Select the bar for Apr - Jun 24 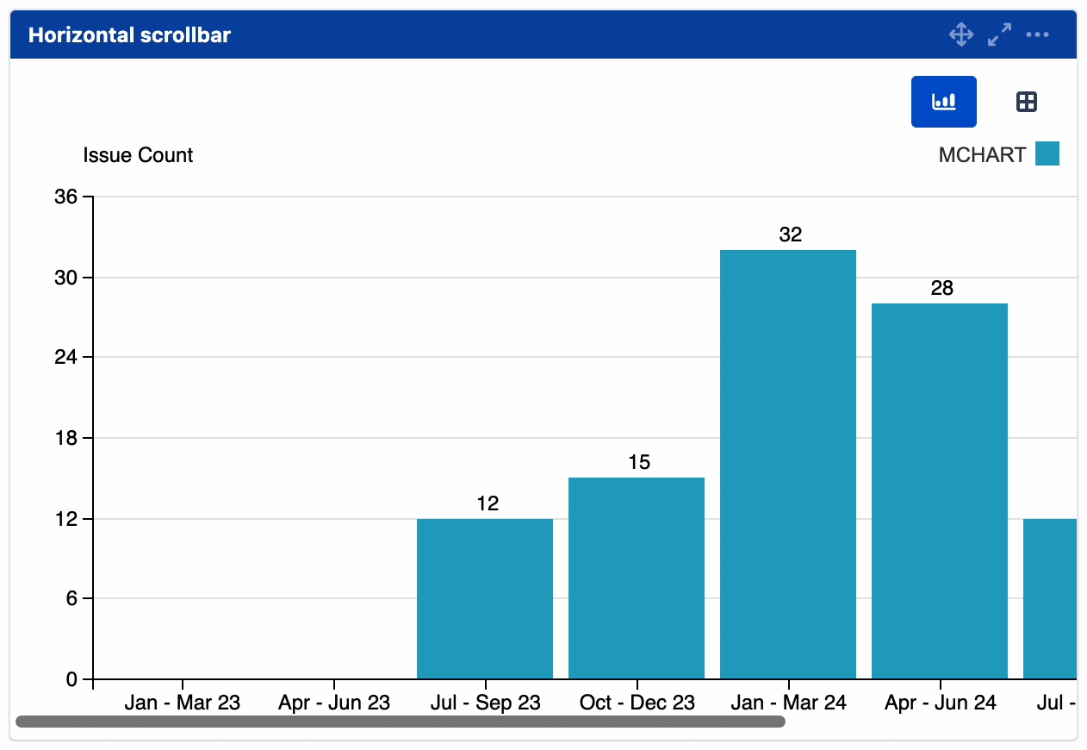[x=939, y=491]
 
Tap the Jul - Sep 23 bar [x=484, y=598]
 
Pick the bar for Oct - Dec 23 [x=636, y=578]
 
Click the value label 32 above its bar [x=790, y=234]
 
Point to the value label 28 [x=941, y=288]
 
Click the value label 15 [x=638, y=462]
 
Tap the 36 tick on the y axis [x=65, y=197]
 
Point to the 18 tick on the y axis [x=65, y=438]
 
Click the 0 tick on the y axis [x=71, y=679]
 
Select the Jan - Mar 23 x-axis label [x=182, y=703]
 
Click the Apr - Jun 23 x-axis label [x=333, y=703]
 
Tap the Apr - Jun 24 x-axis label [x=940, y=703]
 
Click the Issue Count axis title [x=138, y=155]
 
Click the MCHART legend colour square [x=1047, y=154]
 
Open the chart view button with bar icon [x=943, y=102]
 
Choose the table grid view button [x=1026, y=102]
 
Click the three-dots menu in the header [x=1037, y=34]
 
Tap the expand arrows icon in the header [x=999, y=34]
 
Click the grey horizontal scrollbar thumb [x=401, y=722]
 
